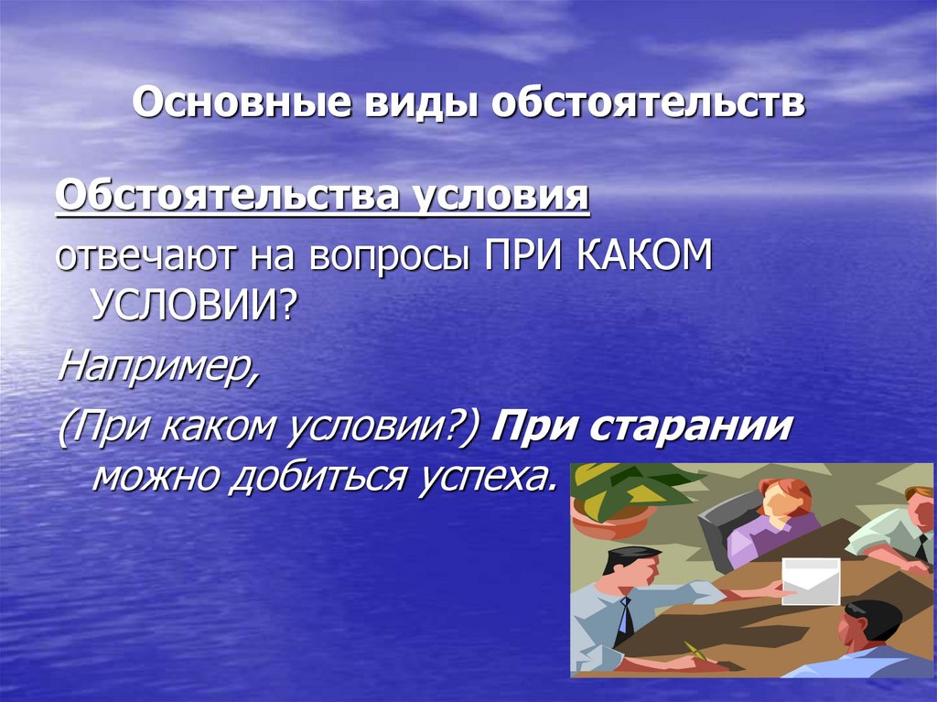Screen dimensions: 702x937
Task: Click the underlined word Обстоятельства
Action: [224, 195]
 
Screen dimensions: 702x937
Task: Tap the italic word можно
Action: [156, 476]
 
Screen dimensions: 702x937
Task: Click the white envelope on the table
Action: [810, 580]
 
